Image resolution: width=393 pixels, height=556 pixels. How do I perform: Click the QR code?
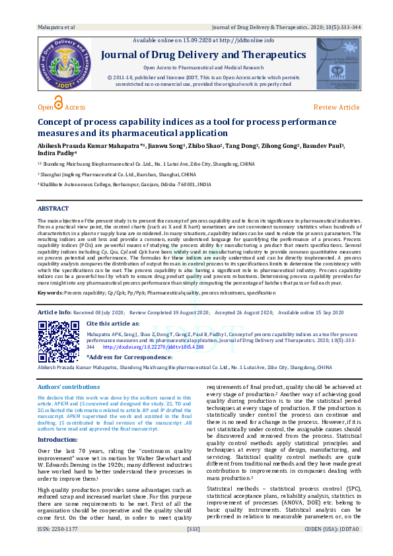click(x=58, y=341)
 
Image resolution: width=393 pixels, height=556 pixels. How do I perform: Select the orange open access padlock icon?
click(x=58, y=103)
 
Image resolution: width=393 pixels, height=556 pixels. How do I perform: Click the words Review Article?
click(x=336, y=107)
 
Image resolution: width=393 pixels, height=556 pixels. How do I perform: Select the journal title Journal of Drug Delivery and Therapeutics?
click(x=203, y=54)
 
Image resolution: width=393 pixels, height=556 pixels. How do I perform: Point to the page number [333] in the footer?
click(x=194, y=547)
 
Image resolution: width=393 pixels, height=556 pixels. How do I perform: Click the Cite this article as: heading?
click(x=113, y=324)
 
